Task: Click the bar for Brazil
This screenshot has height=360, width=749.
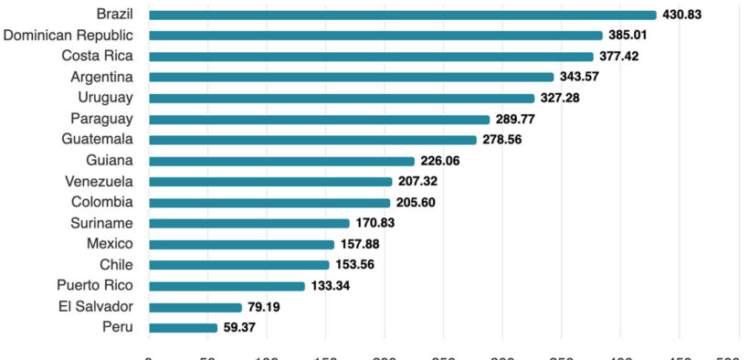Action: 402,15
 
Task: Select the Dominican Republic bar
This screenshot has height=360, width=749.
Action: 375,36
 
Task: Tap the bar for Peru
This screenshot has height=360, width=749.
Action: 183,327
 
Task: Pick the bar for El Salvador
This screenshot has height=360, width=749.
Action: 195,307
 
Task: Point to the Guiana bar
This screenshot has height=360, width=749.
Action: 281,161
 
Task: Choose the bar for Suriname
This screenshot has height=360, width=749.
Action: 248,223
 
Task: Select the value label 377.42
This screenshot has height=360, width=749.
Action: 623,57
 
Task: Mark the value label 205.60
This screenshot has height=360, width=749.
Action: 416,203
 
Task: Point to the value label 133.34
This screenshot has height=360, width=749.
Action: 331,286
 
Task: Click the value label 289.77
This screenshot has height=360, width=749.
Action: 516,119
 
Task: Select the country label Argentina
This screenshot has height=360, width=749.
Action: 101,78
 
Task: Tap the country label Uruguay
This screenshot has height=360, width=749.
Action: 106,98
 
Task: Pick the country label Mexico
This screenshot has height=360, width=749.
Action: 110,244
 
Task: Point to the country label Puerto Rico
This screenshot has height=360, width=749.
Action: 95,285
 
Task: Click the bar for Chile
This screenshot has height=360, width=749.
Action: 238,265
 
